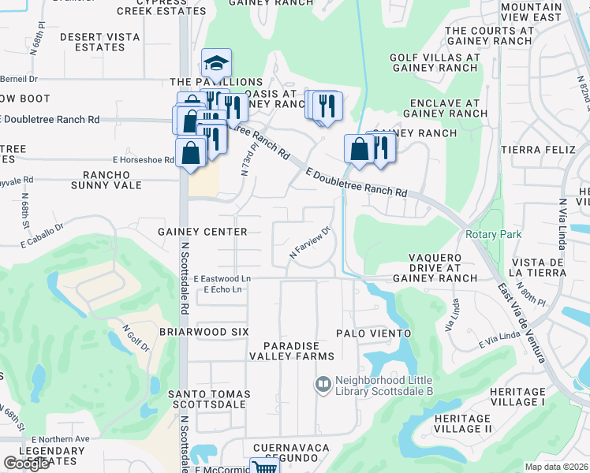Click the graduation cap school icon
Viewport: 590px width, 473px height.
[x=216, y=63]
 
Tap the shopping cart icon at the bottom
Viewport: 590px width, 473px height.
[x=265, y=467]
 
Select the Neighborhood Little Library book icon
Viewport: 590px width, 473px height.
[x=322, y=385]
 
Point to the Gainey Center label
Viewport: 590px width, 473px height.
[x=203, y=232]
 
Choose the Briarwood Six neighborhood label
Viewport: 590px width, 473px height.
[x=203, y=333]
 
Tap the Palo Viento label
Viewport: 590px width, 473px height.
[x=374, y=333]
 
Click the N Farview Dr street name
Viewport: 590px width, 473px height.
[x=308, y=244]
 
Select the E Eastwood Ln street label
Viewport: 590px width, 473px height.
[x=222, y=279]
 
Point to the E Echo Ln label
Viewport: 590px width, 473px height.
[x=222, y=290]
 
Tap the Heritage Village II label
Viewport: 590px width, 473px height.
[x=478, y=423]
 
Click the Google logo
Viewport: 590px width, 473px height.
[x=26, y=464]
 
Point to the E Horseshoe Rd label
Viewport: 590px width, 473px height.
[x=142, y=160]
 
